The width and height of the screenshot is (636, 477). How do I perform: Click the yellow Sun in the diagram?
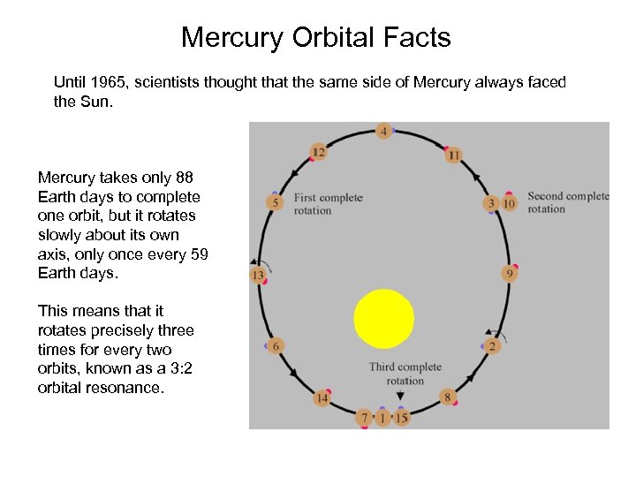click(383, 318)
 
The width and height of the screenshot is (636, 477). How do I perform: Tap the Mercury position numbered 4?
click(382, 132)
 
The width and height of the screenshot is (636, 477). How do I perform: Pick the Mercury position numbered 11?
click(453, 155)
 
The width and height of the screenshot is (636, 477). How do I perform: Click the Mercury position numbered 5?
click(275, 203)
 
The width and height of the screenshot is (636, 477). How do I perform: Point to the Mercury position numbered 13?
click(259, 275)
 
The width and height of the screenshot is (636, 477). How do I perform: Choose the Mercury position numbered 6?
click(276, 346)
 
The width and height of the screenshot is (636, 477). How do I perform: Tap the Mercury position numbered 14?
click(322, 398)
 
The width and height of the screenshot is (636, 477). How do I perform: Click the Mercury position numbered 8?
click(447, 397)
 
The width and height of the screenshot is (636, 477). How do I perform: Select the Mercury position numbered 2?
click(492, 345)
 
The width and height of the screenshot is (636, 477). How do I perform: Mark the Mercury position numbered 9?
click(509, 274)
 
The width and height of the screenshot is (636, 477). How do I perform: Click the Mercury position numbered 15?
click(402, 417)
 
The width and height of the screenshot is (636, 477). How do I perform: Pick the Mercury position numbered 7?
click(364, 417)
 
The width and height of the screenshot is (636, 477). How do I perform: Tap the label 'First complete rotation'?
click(328, 203)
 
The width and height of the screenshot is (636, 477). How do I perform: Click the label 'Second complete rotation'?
click(567, 202)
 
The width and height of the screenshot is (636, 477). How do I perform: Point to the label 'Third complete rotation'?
click(405, 374)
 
